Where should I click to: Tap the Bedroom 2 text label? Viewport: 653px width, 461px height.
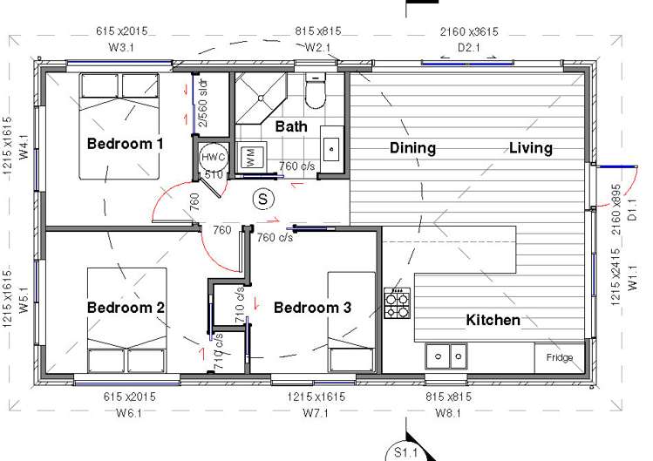point(126,307)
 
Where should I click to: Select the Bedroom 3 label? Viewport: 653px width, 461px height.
point(312,308)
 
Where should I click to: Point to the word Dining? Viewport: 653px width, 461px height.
point(412,148)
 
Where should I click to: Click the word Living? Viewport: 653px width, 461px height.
point(531,148)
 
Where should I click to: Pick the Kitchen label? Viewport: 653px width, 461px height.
point(493,320)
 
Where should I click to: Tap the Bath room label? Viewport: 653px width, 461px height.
point(291,126)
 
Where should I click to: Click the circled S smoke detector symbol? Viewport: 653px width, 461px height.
point(262,199)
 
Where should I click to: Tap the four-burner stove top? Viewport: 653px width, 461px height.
point(398,302)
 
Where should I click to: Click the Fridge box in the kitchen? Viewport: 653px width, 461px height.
point(560,357)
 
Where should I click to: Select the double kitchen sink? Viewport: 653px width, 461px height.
point(446,356)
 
